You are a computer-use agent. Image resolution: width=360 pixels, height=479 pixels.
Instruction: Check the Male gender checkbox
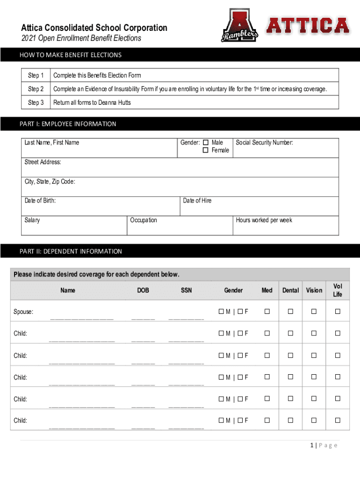tap(205, 143)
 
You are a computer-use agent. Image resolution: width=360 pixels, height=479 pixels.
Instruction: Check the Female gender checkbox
tap(205, 151)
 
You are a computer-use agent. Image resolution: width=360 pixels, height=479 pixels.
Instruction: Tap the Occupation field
tap(180, 226)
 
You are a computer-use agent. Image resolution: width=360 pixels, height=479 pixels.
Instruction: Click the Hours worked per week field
tap(285, 226)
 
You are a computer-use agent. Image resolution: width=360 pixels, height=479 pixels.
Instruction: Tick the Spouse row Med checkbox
tap(267, 312)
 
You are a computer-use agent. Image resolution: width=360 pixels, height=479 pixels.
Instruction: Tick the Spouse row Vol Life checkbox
tap(338, 312)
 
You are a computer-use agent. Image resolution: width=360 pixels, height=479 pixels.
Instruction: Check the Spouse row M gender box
tap(221, 312)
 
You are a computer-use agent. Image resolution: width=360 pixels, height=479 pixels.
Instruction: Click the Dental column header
tap(290, 290)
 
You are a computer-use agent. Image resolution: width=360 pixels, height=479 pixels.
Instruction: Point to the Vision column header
tap(314, 290)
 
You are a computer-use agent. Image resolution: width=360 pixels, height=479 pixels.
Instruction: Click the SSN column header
tap(186, 290)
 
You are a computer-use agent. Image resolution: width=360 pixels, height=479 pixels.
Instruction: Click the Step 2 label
tap(36, 89)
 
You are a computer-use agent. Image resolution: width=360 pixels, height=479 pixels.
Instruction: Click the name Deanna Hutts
tap(115, 102)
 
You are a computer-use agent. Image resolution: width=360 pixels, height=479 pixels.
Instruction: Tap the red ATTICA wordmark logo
tap(308, 25)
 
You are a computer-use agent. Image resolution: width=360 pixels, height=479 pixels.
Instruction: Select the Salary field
tap(75, 226)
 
